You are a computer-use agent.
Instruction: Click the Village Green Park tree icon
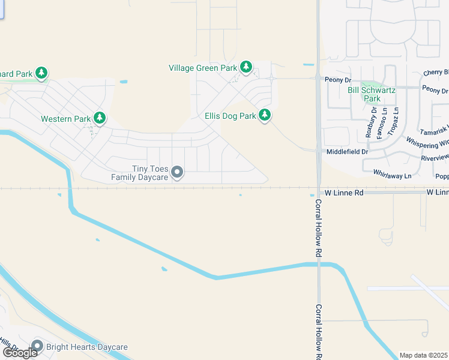tap(246, 67)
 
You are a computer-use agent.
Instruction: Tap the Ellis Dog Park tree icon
tap(265, 115)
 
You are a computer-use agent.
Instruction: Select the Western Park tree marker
tap(100, 118)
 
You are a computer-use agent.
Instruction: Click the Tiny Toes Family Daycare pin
tap(177, 173)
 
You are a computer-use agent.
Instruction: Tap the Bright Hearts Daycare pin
tap(37, 347)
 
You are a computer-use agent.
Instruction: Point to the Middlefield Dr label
tap(347, 152)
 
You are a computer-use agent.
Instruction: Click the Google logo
tap(20, 352)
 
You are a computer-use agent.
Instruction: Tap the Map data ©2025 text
tap(424, 355)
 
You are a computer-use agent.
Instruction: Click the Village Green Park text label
tap(203, 68)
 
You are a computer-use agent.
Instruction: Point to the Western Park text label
tap(65, 119)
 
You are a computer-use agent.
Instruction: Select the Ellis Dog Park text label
tap(230, 115)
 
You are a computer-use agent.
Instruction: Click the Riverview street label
tap(435, 157)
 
